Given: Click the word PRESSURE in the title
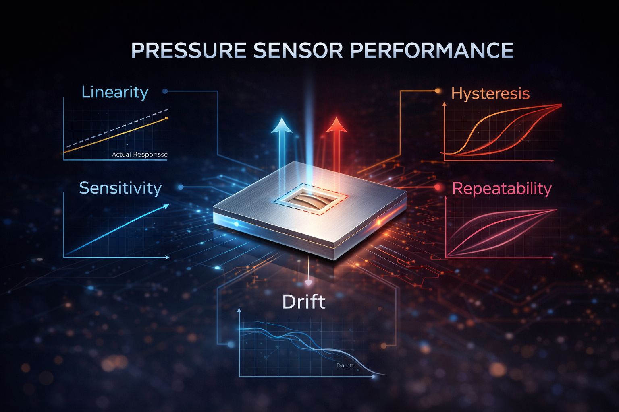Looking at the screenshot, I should click(189, 51).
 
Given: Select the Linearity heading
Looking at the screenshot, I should click(115, 92).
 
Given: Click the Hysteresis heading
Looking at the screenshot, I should click(490, 93).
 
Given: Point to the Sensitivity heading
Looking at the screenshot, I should click(120, 188).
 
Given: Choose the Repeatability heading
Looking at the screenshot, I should click(502, 189).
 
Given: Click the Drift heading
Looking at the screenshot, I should click(303, 302).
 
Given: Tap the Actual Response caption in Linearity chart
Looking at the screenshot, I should click(139, 154).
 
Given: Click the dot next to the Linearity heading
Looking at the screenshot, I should click(165, 91).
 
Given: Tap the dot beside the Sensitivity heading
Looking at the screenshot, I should click(181, 187).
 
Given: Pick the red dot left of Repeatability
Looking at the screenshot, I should click(438, 187).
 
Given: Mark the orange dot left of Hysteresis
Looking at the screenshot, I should click(438, 91).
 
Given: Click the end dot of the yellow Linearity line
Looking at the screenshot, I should click(167, 118).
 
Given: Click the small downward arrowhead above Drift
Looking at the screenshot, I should click(308, 283).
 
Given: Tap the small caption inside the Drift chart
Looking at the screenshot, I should click(345, 365).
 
